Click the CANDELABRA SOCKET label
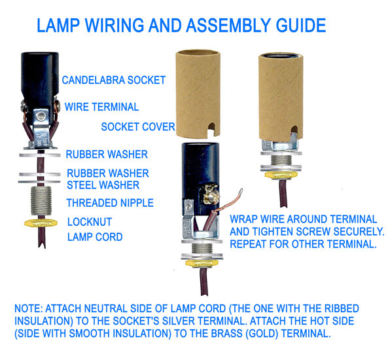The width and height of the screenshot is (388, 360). pos(114,80)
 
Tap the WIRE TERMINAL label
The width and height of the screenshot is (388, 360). pos(101,107)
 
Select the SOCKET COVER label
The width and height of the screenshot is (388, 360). pos(138,127)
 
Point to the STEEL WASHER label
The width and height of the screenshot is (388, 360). pos(103,185)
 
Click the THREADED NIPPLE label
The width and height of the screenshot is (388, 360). pos(110,203)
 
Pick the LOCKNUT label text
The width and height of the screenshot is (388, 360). pos(90,222)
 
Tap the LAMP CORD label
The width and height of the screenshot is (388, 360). pos(95,237)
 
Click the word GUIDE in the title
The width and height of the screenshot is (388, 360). pos(301,26)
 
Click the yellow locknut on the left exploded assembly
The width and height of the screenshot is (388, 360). pos(41,223)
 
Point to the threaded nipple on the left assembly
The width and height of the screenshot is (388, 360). pos(41,201)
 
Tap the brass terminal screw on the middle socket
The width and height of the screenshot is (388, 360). pos(211,196)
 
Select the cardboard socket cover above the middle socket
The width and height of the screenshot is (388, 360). pos(198,94)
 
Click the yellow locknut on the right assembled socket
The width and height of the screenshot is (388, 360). pos(281,175)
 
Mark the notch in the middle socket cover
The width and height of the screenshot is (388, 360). pos(211,130)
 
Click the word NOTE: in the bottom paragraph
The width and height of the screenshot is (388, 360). pos(29,308)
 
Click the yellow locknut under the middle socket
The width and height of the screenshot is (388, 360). pos(202,263)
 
